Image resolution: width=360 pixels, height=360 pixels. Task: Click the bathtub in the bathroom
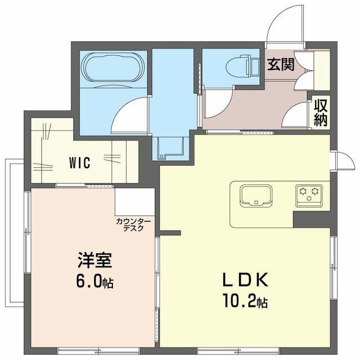[x=113, y=67]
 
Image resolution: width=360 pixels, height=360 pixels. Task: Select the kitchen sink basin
[x=256, y=196]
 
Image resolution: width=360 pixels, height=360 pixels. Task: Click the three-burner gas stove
[x=309, y=196]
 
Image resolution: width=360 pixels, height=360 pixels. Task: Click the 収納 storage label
[x=321, y=113]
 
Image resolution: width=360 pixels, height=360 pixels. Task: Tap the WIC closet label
[x=80, y=163]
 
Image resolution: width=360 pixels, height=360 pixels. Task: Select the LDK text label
[x=245, y=280]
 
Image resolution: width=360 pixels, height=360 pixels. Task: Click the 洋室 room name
[x=94, y=260]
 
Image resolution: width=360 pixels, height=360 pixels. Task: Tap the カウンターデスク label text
[x=133, y=225]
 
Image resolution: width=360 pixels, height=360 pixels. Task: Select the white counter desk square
[x=135, y=202]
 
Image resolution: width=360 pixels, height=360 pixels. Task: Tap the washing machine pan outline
[x=171, y=147]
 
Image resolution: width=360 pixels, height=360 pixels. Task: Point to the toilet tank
[x=253, y=66]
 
